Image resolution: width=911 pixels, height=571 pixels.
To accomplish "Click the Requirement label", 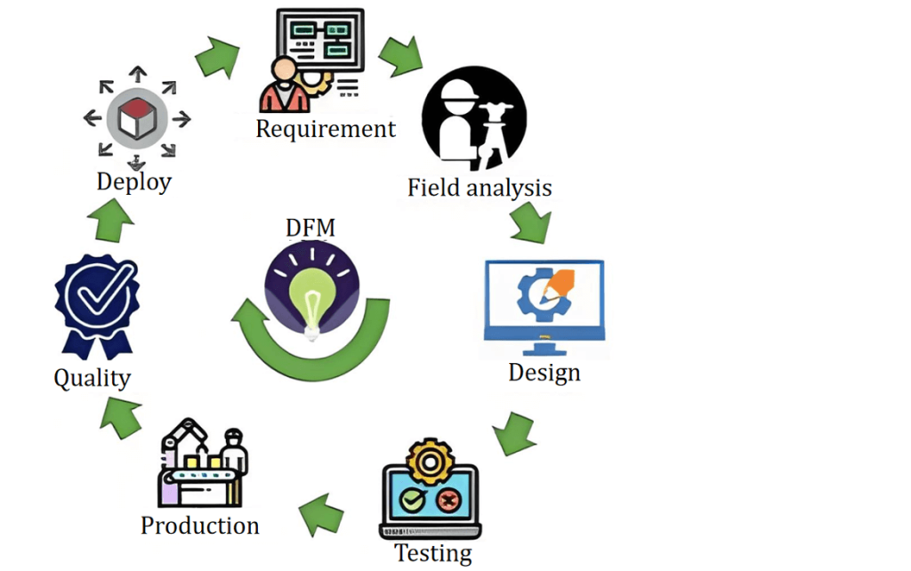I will (x=326, y=129).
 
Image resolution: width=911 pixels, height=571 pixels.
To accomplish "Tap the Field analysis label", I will (x=480, y=189).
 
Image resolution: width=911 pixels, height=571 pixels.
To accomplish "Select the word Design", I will (x=544, y=372).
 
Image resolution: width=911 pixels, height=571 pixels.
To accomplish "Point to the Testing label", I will (x=433, y=552).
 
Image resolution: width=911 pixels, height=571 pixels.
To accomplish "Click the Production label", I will (x=200, y=525).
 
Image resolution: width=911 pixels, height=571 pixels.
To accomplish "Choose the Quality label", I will (x=92, y=378).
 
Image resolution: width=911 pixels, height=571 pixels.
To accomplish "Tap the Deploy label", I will (x=134, y=182).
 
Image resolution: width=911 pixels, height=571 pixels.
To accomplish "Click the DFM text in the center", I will (x=310, y=229).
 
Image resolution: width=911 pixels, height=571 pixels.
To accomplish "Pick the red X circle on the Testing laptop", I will (x=448, y=501).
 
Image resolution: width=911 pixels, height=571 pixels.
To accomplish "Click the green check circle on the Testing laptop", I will (x=413, y=501).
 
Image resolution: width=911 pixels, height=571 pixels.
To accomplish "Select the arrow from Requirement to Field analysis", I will (x=400, y=55).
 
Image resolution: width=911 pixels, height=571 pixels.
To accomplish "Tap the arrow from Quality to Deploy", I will (x=112, y=220).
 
